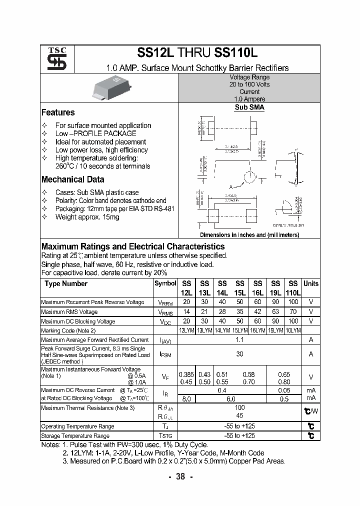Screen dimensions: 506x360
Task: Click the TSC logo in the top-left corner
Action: [x=53, y=58]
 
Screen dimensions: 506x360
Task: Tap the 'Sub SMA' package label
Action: [x=249, y=107]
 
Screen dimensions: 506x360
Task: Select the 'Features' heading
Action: [x=58, y=112]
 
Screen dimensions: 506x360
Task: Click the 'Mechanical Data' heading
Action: [x=72, y=179]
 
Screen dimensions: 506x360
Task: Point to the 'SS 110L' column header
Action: [x=293, y=288]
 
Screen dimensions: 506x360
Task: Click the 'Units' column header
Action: [x=311, y=283]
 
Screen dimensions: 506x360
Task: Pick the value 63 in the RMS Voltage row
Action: [x=275, y=311]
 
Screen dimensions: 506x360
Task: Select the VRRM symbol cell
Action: [x=165, y=302]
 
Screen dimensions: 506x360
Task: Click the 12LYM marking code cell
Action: [x=186, y=330]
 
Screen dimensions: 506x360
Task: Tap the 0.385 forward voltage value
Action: [x=186, y=374]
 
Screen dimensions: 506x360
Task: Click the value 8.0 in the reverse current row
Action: [x=186, y=398]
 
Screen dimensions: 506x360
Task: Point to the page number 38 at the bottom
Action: [x=180, y=477]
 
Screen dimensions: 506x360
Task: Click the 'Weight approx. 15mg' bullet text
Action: [x=87, y=217]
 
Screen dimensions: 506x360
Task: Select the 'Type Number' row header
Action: [x=66, y=283]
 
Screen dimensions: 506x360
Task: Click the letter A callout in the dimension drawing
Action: [x=231, y=186]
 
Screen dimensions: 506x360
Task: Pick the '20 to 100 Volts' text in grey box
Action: [x=249, y=84]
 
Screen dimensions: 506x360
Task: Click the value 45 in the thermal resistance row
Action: [x=239, y=415]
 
